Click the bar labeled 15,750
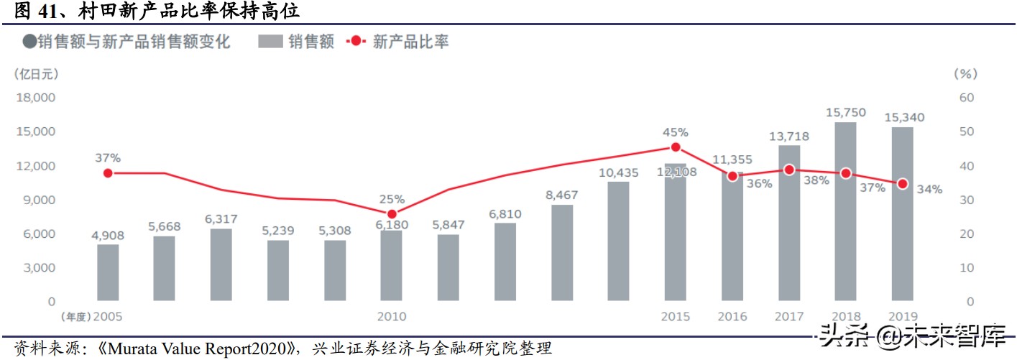pyautogui.click(x=845, y=211)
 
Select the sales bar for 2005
pyautogui.click(x=108, y=272)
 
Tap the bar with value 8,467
pyautogui.click(x=563, y=252)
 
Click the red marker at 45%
pyautogui.click(x=676, y=147)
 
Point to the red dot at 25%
pyautogui.click(x=392, y=214)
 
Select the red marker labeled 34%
pyautogui.click(x=902, y=184)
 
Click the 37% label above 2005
pyautogui.click(x=108, y=157)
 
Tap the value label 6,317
pyautogui.click(x=221, y=219)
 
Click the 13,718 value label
pyautogui.click(x=789, y=136)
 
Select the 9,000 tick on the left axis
pyautogui.click(x=40, y=200)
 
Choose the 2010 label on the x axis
pyautogui.click(x=392, y=317)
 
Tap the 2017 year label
pyautogui.click(x=789, y=317)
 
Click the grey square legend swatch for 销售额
pyautogui.click(x=270, y=42)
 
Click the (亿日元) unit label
pyautogui.click(x=36, y=73)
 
